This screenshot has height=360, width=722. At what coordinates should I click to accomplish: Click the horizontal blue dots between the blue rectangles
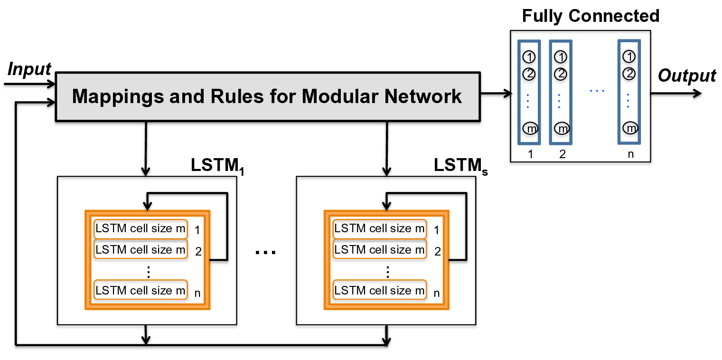[597, 91]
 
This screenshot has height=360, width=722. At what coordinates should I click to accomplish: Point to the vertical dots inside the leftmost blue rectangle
[528, 101]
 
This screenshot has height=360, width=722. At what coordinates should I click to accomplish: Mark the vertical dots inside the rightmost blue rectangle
[628, 101]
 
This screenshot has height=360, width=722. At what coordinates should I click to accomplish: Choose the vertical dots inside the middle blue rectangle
[559, 101]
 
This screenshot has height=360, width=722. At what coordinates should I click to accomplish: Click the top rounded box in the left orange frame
[141, 229]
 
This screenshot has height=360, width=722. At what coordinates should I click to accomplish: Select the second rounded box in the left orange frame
[141, 249]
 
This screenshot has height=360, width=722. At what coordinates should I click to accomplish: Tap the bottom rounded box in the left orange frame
[141, 290]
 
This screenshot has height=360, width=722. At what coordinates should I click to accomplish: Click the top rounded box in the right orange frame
[379, 229]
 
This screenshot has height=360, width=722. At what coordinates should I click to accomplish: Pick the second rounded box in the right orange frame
[379, 249]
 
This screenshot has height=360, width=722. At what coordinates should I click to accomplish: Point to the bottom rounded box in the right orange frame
[379, 290]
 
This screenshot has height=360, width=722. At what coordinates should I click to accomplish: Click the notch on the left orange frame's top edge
[148, 210]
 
